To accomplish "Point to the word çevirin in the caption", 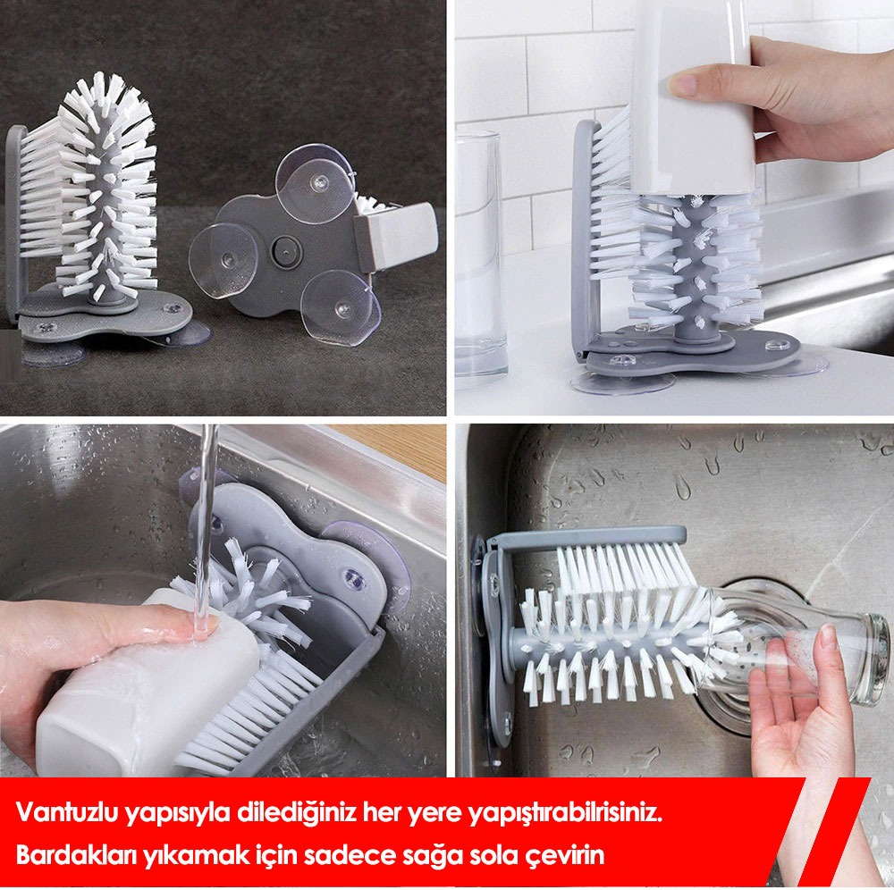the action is (563, 856).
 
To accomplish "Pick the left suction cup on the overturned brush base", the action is (223, 260).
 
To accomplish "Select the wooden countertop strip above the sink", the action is (393, 450).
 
